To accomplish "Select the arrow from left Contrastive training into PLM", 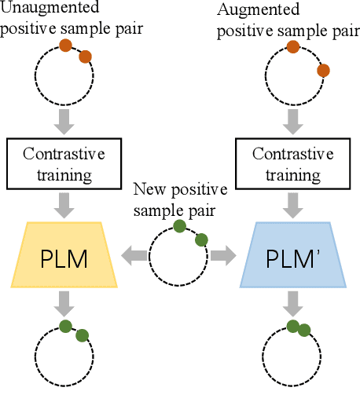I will pos(66,203).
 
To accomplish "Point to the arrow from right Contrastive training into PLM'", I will pos(292,203).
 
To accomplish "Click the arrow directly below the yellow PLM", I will pos(66,302).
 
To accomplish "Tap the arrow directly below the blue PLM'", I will pos(292,302).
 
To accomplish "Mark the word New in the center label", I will pos(149,189).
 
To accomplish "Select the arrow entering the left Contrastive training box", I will pos(66,119).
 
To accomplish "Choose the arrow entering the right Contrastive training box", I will pos(292,119).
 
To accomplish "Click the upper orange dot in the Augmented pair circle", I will pos(292,47).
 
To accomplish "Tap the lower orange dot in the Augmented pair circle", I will pos(323,71).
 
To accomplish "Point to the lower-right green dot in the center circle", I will pos(200,239).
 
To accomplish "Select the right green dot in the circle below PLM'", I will pos(303,331).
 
